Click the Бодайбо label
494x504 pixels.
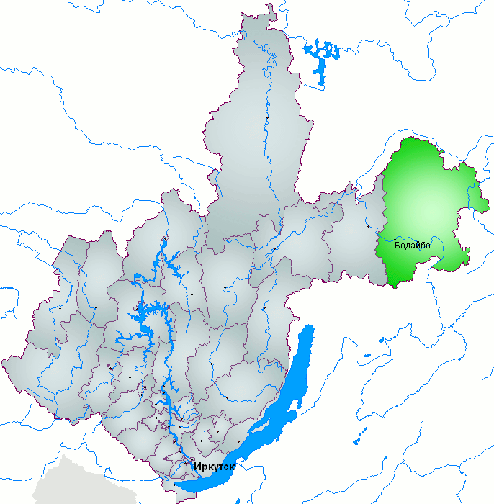pos(412,246)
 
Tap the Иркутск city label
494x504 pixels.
pos(215,467)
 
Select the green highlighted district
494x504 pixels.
pos(425,202)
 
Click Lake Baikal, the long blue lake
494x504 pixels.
pos(281,410)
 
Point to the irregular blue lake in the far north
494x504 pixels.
pos(322,58)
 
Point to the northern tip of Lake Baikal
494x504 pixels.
pos(311,328)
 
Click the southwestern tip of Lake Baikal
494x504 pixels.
pos(178,487)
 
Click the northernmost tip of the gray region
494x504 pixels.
pos(271,6)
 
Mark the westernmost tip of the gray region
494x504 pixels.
pos(3,361)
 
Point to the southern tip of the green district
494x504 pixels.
pos(394,286)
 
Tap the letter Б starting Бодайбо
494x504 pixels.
pos(398,246)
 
